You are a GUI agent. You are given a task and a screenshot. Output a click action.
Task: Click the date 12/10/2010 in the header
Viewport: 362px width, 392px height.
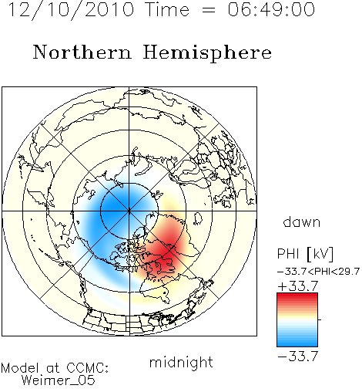(x=71, y=10)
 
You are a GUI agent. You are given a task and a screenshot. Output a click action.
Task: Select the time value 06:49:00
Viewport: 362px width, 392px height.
(x=271, y=9)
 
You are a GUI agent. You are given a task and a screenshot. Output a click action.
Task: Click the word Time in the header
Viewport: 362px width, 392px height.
(x=167, y=9)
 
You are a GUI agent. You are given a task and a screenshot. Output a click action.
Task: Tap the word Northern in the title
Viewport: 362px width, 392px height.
(x=82, y=52)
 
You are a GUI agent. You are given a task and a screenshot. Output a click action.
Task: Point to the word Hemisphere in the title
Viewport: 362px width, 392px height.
(x=207, y=53)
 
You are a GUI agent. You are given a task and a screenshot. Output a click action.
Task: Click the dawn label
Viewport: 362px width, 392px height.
(x=302, y=221)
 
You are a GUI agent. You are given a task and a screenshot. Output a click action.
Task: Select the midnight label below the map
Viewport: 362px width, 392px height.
(x=181, y=363)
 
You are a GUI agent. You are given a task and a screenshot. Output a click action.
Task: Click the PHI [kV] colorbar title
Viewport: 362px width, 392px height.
(x=305, y=254)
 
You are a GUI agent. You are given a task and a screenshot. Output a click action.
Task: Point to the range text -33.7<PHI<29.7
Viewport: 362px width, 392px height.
(x=318, y=272)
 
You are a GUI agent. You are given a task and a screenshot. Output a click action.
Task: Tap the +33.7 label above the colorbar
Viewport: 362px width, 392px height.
(x=298, y=286)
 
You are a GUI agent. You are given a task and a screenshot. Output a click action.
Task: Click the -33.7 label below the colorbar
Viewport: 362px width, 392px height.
(x=298, y=357)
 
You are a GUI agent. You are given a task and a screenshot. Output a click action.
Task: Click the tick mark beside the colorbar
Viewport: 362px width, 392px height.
(x=320, y=319)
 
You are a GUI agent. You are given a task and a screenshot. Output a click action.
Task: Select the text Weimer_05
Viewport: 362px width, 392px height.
(x=59, y=380)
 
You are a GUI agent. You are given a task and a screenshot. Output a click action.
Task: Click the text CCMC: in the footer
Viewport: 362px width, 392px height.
(x=88, y=368)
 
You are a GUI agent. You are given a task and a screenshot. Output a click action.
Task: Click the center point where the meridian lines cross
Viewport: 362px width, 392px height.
(x=129, y=211)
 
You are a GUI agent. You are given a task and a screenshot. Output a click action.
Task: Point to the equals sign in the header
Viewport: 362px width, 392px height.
(x=209, y=10)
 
